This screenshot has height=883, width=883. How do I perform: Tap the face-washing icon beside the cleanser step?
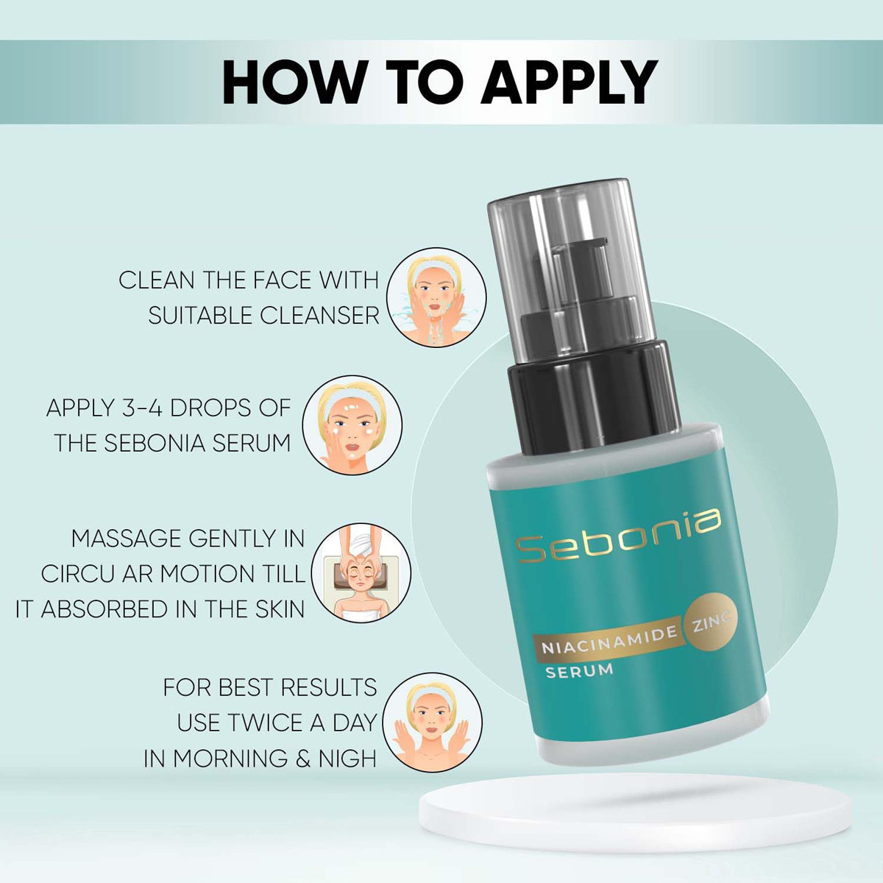(x=436, y=297)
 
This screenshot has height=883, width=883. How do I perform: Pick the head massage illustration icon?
(x=361, y=573)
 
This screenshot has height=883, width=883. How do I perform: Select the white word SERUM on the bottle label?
(x=579, y=670)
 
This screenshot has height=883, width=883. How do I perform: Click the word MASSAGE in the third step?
(x=126, y=539)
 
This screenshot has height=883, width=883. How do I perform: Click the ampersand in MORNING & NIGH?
(x=302, y=759)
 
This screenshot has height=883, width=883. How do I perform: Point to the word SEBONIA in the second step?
(x=155, y=443)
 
